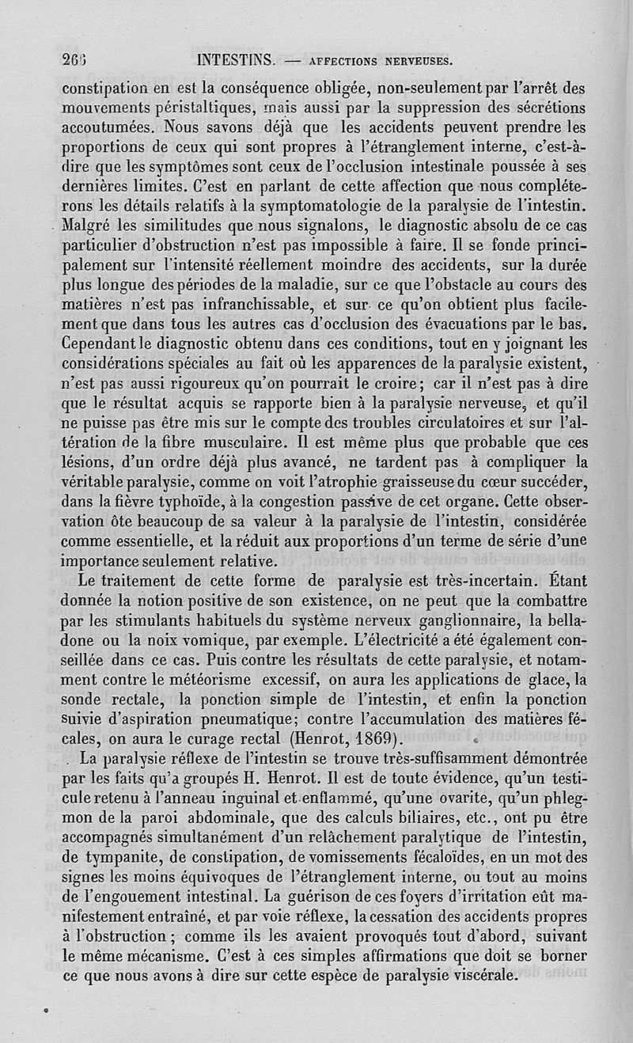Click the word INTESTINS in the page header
pyautogui.click(x=235, y=59)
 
